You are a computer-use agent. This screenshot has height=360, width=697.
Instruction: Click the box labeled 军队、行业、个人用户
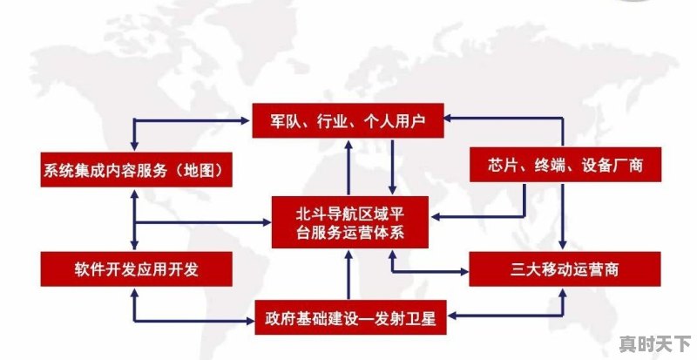pyautogui.click(x=348, y=120)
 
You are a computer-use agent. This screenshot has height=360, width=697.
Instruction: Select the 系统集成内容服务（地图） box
pyautogui.click(x=137, y=170)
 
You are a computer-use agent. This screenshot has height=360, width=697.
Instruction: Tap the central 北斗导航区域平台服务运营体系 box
pyautogui.click(x=350, y=222)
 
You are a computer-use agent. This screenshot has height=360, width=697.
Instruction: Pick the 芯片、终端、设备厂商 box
pyautogui.click(x=565, y=165)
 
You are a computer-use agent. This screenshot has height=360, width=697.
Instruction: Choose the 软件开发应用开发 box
pyautogui.click(x=137, y=268)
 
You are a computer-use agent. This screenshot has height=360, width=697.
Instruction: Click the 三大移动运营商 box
pyautogui.click(x=565, y=268)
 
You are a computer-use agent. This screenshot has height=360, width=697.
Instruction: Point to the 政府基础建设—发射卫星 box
pyautogui.click(x=351, y=318)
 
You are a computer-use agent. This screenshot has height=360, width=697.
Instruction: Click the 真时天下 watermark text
pyautogui.click(x=655, y=343)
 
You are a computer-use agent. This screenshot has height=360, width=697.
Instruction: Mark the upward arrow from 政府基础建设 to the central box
pyautogui.click(x=349, y=275)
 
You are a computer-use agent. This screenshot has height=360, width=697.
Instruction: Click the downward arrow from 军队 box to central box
pyautogui.click(x=393, y=166)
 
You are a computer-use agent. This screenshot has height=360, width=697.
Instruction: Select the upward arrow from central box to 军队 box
pyautogui.click(x=349, y=166)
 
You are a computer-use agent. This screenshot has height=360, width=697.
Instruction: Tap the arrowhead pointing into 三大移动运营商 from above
pyautogui.click(x=562, y=245)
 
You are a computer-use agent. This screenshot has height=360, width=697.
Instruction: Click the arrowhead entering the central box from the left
pyautogui.click(x=267, y=222)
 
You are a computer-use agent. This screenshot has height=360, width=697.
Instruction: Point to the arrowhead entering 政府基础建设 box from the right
pyautogui.click(x=452, y=316)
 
